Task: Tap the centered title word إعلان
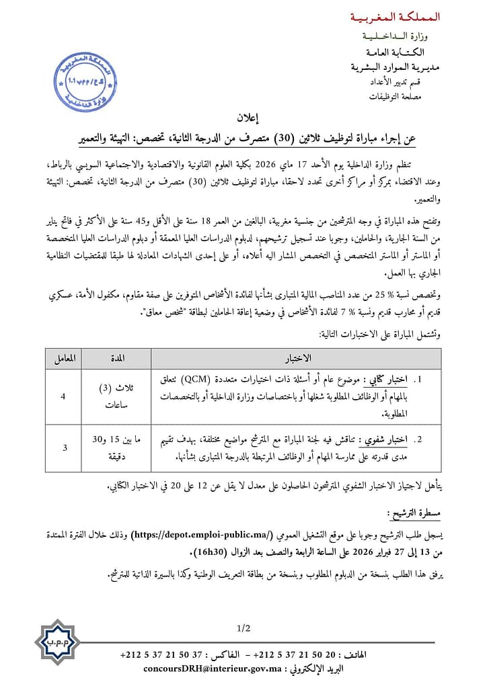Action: pyautogui.click(x=243, y=118)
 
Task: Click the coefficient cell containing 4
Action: pyautogui.click(x=63, y=397)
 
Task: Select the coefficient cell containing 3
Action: pyautogui.click(x=63, y=447)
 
